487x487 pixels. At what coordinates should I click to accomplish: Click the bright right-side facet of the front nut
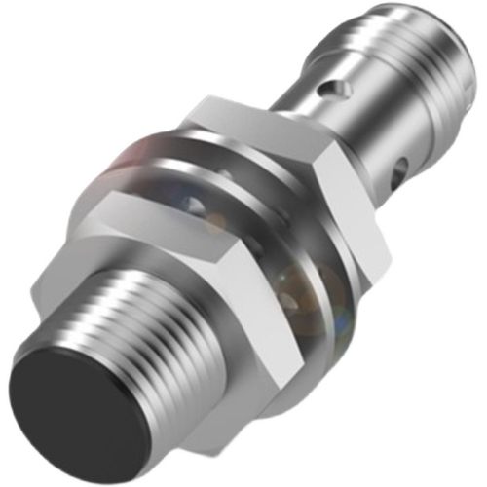pos(292,321)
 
